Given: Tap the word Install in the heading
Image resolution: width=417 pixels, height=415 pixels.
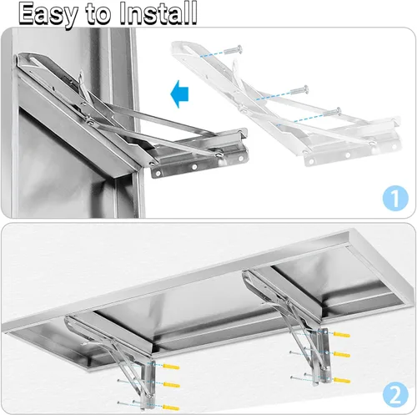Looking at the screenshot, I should (158, 13).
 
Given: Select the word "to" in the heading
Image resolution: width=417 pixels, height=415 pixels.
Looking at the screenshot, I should (101, 14).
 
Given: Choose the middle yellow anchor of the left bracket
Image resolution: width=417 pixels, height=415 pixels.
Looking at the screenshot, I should (172, 385).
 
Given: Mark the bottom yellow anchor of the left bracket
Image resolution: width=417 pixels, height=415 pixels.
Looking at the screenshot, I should (172, 406).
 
